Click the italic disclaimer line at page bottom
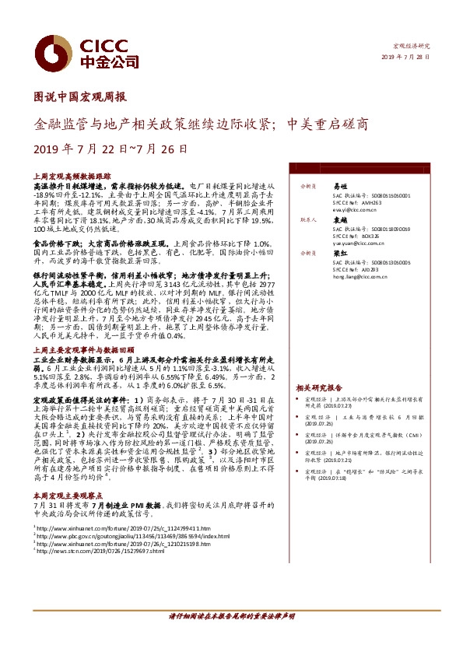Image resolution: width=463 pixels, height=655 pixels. [231, 637]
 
